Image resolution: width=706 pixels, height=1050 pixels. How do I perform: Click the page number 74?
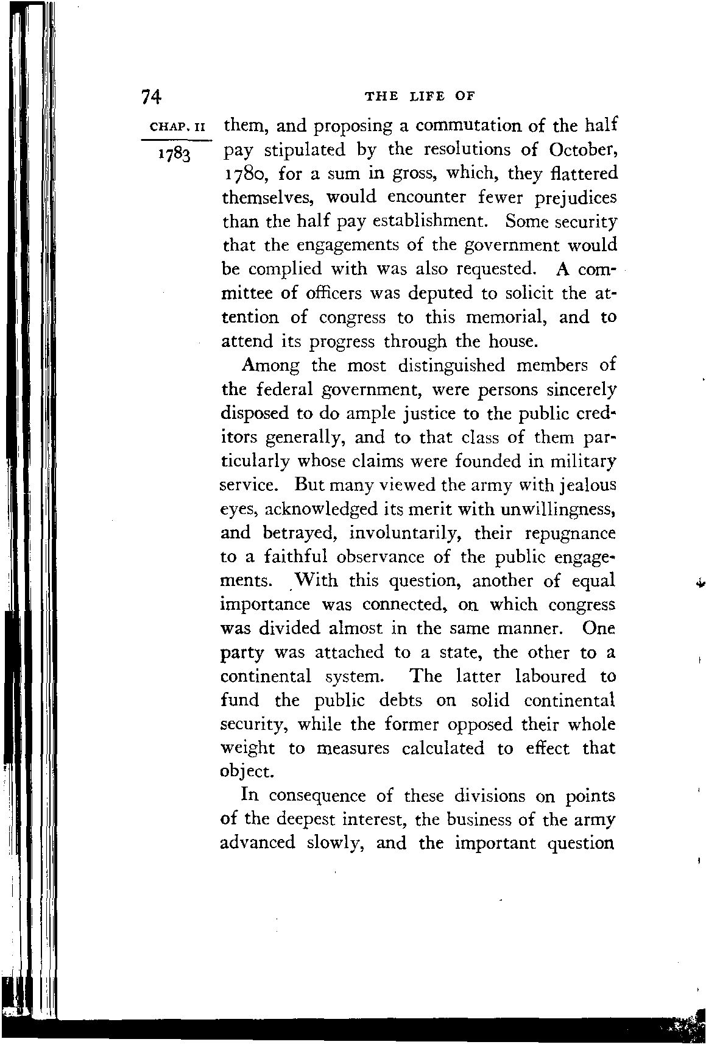[x=151, y=96]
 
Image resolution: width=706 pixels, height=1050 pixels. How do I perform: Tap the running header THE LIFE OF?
[x=418, y=96]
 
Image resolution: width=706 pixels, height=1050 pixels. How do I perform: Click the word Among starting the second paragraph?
[x=270, y=365]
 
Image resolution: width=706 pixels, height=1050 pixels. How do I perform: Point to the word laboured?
[x=551, y=676]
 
